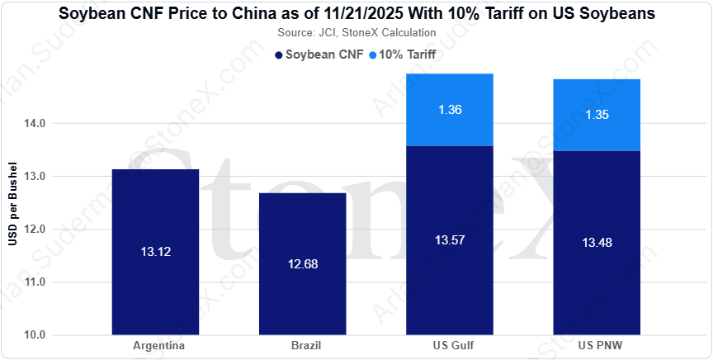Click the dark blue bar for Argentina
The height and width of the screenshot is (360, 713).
(155, 252)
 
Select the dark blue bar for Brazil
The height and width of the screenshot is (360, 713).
(302, 264)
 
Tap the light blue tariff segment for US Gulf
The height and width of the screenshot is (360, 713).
(450, 110)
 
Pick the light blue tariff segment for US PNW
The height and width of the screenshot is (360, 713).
(597, 115)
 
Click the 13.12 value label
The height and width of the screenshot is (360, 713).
(155, 252)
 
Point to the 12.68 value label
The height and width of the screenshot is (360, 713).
(303, 264)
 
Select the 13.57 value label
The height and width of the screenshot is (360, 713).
(450, 240)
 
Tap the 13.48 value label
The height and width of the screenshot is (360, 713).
(597, 243)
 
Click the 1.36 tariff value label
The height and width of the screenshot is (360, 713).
(451, 110)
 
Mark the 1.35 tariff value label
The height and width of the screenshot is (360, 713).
(597, 115)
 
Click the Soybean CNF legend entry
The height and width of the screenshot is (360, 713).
(319, 55)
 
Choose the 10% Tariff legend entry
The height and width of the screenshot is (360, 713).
(403, 55)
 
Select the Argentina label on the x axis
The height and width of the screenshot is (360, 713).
(158, 346)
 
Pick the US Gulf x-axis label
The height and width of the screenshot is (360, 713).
(451, 346)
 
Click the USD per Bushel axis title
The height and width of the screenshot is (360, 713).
(12, 203)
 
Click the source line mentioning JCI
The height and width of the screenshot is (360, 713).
(356, 33)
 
